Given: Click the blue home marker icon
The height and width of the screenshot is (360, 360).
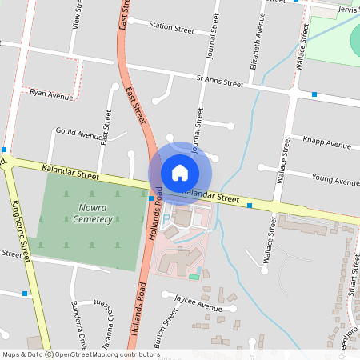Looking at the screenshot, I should [180, 172].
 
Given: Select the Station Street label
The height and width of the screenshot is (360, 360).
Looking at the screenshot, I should [171, 28].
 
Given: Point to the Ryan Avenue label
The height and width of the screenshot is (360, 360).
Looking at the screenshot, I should [50, 94].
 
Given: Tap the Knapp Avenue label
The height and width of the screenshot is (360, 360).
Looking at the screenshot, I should [326, 144].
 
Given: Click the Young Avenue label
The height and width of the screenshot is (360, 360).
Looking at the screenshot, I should [335, 181].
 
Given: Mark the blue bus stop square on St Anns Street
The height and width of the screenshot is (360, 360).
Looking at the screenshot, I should [314, 94].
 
